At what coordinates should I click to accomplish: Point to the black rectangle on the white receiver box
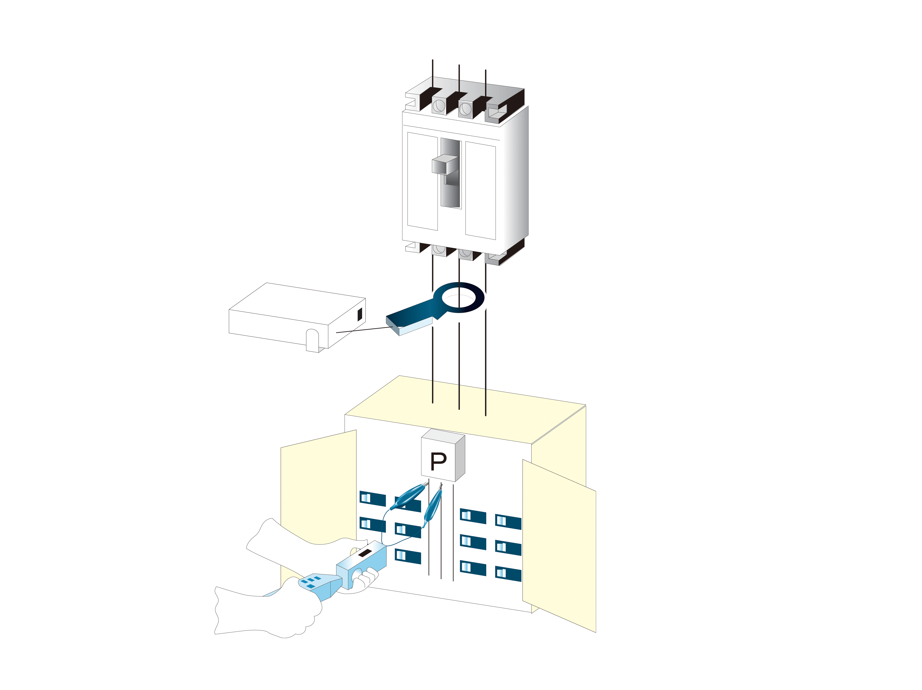(360, 314)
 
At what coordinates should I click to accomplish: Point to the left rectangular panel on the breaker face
(422, 181)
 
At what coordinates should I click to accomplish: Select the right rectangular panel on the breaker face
(480, 191)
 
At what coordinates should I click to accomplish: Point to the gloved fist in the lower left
(267, 612)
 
